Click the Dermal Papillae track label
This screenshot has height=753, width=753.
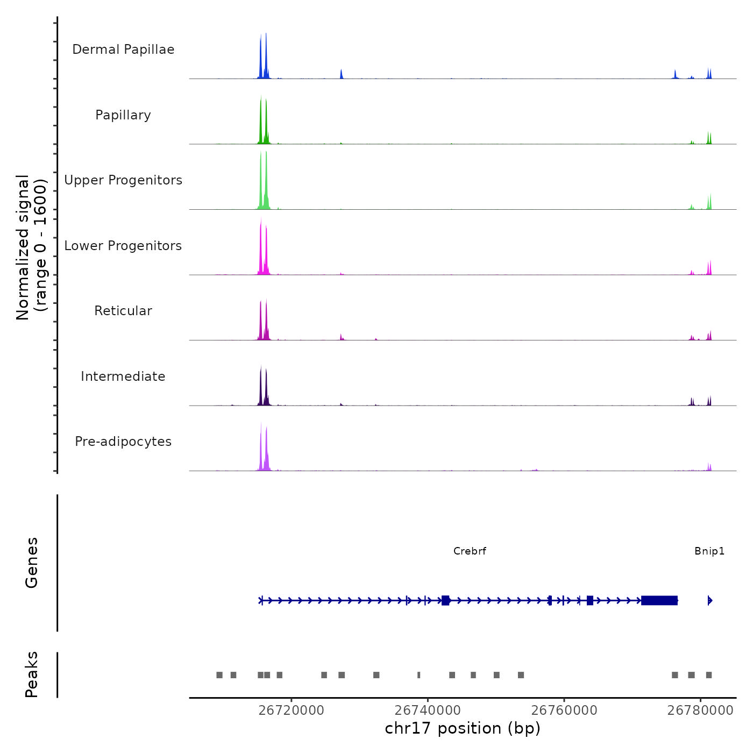(x=123, y=49)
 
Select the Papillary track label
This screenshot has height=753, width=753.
(x=123, y=115)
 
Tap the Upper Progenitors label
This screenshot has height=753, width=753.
(x=123, y=180)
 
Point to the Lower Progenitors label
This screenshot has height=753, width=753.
(x=123, y=246)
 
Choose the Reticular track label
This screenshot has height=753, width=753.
(x=123, y=311)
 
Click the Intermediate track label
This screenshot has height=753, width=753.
(x=123, y=376)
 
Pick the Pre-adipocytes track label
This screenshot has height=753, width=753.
(x=123, y=442)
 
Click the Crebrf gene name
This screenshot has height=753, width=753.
(x=470, y=551)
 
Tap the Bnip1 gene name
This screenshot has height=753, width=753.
(x=709, y=551)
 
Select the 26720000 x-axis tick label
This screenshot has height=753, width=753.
(x=292, y=711)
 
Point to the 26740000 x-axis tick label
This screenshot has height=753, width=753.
(x=428, y=711)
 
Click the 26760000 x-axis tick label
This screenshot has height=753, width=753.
(x=564, y=711)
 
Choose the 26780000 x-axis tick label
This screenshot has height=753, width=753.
(x=700, y=711)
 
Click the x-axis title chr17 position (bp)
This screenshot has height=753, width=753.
(x=463, y=728)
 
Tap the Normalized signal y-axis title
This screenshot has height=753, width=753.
(x=31, y=247)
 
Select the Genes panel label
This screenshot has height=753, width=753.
(x=32, y=563)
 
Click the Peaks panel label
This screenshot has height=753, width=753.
(x=32, y=674)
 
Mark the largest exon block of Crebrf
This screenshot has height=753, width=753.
(x=659, y=600)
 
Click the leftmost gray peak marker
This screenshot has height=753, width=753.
(x=219, y=675)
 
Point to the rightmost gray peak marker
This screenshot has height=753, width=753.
(x=709, y=675)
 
